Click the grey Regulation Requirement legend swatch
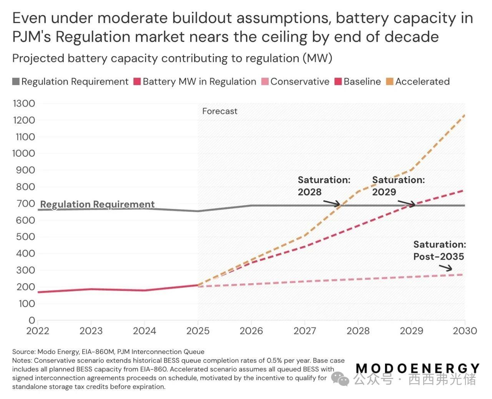pyautogui.click(x=16, y=82)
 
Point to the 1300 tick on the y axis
pyautogui.click(x=24, y=104)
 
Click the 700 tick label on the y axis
pyautogui.click(x=26, y=204)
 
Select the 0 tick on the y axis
pyautogui.click(x=32, y=320)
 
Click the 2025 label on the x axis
pyautogui.click(x=198, y=331)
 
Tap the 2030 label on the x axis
pyautogui.click(x=465, y=331)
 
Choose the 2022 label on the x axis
pyautogui.click(x=38, y=331)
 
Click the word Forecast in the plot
pyautogui.click(x=219, y=111)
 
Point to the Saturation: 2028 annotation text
pyautogui.click(x=324, y=186)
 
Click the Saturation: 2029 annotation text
pyautogui.click(x=398, y=186)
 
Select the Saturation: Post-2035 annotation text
pyautogui.click(x=439, y=250)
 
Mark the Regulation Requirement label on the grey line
pyautogui.click(x=97, y=204)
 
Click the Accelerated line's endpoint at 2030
pyautogui.click(x=464, y=115)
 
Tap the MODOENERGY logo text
pyautogui.click(x=417, y=368)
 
